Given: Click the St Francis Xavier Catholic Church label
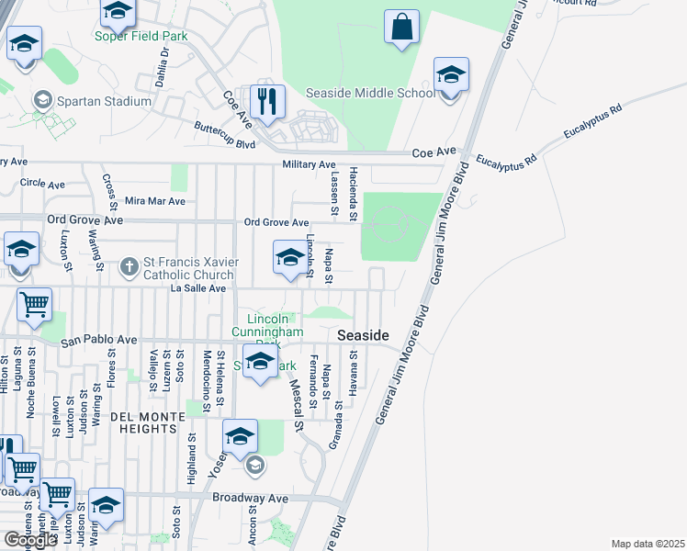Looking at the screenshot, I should [x=189, y=268].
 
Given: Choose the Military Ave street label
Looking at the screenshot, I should [x=309, y=164].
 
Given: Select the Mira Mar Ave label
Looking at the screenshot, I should [x=154, y=200].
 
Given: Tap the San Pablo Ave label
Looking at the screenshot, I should [x=98, y=342].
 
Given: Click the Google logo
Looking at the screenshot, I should [x=30, y=540].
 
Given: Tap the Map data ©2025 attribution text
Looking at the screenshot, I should [x=647, y=544].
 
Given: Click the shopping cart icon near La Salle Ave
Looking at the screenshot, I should [x=34, y=304].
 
